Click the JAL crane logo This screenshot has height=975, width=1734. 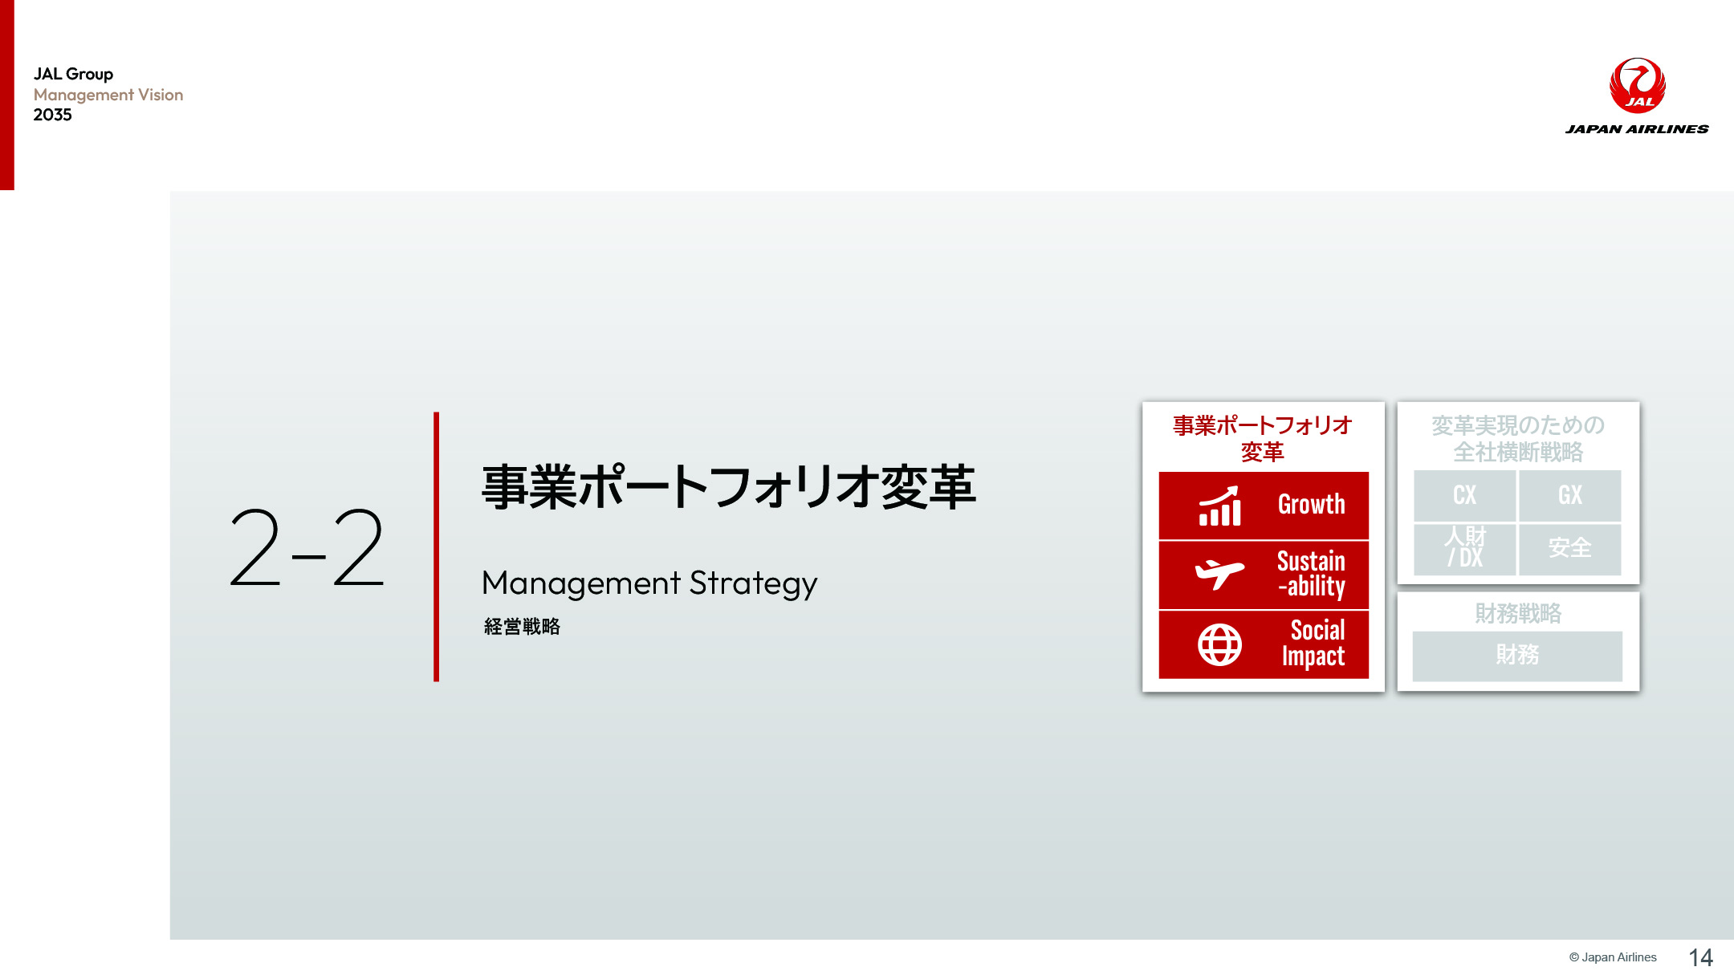pos(1638,85)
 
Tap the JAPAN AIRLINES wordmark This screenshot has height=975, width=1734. pos(1637,129)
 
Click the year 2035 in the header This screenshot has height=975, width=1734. pos(53,115)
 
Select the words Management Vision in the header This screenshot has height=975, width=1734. pos(108,95)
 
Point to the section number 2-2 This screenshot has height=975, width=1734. pos(307,548)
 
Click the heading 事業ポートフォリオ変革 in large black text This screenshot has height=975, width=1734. pos(728,487)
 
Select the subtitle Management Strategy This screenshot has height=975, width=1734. pos(649,583)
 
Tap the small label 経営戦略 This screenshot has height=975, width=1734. pos(522,627)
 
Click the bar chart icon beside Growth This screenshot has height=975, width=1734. pos(1220,506)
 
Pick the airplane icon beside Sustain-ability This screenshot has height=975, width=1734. pos(1220,574)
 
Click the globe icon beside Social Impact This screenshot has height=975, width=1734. pos(1220,644)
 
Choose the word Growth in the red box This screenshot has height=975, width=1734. pos(1312,505)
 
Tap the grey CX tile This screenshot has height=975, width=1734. pos(1465,496)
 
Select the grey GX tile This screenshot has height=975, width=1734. pos(1570,496)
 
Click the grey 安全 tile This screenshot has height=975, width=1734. pos(1570,549)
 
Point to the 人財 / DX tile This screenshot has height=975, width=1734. pos(1465,549)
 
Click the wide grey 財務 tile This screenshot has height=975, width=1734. pos(1517,656)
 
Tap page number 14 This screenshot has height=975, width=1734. pos(1701,957)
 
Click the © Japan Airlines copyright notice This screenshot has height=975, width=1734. pos(1613,957)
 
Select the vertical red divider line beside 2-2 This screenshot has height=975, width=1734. pos(436,547)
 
